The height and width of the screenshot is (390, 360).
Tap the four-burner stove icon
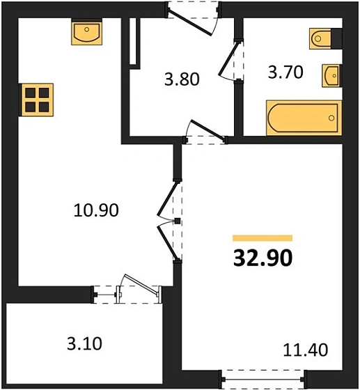(x=36, y=100)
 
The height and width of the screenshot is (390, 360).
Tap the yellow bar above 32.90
(x=262, y=237)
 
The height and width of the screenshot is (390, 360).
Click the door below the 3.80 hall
(x=206, y=134)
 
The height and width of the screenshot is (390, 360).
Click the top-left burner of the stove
(x=30, y=93)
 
